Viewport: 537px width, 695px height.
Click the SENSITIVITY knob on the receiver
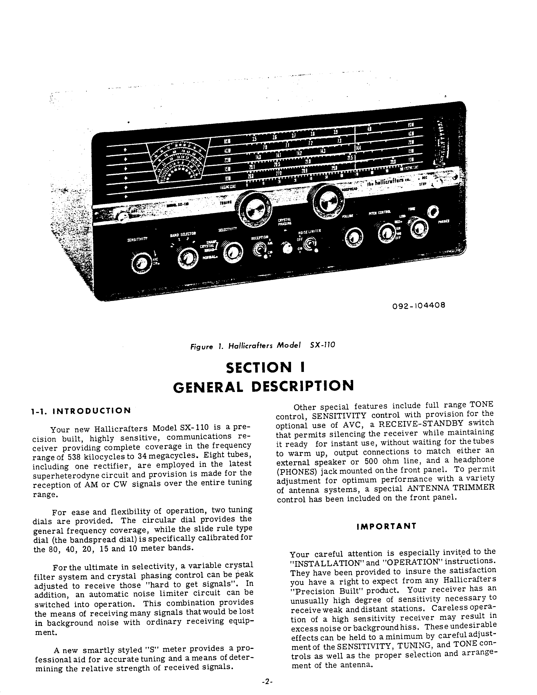click(140, 263)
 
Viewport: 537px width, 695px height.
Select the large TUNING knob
click(256, 209)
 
